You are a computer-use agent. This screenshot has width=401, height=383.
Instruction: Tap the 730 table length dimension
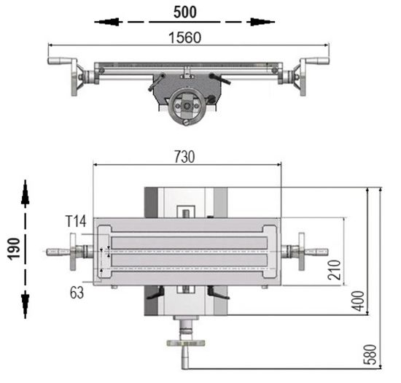coord(186,155)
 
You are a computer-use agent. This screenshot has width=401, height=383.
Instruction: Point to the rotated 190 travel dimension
coord(12,248)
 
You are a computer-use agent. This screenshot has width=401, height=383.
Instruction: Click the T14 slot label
coord(76,221)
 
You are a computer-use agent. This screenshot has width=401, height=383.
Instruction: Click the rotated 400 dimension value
coord(357,300)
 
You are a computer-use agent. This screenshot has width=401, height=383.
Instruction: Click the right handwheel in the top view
coord(300,252)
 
